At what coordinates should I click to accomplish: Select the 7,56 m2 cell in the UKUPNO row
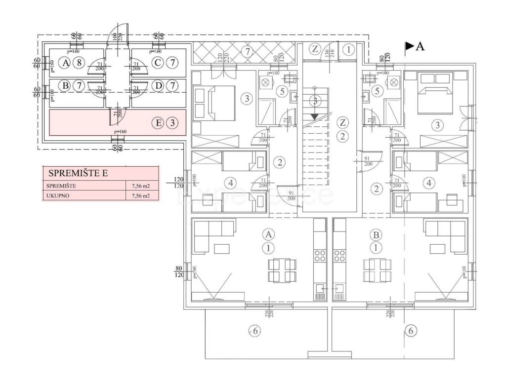[141, 195]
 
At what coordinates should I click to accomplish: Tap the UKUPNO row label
[58, 195]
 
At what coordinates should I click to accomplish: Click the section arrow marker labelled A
[414, 46]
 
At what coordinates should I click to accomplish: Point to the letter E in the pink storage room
[158, 123]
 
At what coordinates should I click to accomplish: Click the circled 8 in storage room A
[78, 63]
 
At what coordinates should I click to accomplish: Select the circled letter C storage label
[158, 63]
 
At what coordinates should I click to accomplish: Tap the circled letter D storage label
[158, 86]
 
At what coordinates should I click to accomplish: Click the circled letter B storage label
[64, 86]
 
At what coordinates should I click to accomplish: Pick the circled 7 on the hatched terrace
[248, 50]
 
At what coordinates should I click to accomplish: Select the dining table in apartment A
[282, 270]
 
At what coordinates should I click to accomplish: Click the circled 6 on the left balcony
[254, 332]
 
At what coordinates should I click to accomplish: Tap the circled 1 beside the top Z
[349, 49]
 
